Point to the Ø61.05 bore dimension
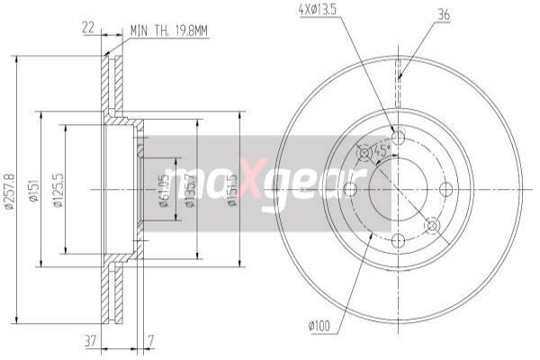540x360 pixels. (x=165, y=190)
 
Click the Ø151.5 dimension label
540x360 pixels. (x=232, y=190)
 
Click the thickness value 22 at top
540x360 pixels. (x=87, y=29)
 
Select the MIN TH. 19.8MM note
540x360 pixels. (x=168, y=30)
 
